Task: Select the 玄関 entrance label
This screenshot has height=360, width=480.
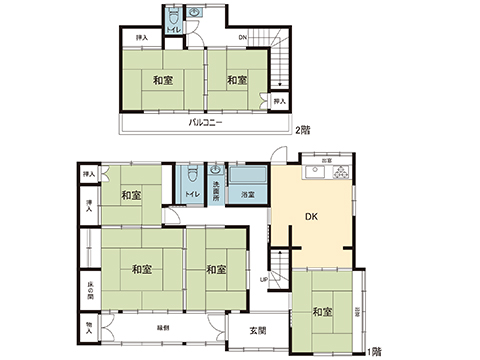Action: (x=258, y=332)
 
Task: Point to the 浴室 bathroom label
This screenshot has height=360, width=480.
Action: (x=247, y=194)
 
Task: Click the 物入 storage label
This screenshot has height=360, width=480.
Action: (x=88, y=327)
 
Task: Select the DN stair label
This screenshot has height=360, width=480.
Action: (x=242, y=39)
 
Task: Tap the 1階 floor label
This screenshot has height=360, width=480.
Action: (x=374, y=350)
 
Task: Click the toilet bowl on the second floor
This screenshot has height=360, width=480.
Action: (x=174, y=19)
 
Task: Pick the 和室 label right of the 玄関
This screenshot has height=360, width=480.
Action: (x=322, y=312)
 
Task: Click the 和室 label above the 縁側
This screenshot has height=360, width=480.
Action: (x=141, y=269)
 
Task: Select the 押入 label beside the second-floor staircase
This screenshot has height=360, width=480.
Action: (x=280, y=100)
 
